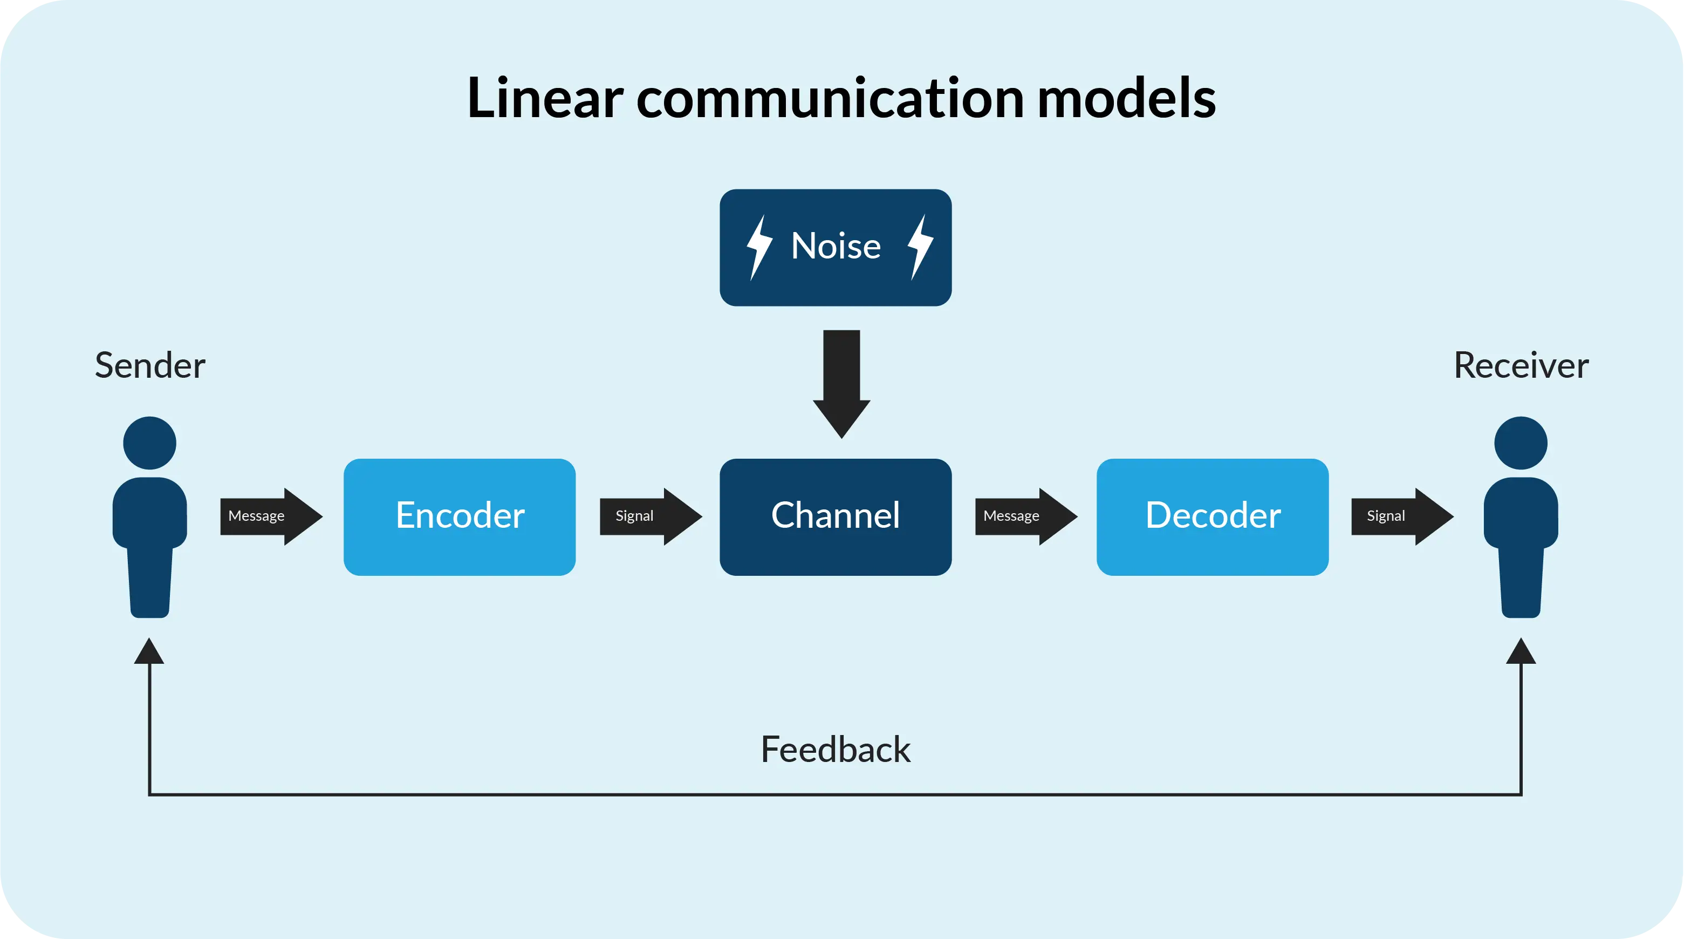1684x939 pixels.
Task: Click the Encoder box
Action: tap(460, 516)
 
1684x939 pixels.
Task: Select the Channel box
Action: tap(836, 516)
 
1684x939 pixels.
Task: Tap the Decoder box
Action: tap(1213, 516)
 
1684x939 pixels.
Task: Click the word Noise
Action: tap(836, 246)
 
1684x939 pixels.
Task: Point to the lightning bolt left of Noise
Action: tap(759, 248)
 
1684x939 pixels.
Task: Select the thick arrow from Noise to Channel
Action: tap(841, 384)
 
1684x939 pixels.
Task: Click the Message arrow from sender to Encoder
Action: tap(271, 516)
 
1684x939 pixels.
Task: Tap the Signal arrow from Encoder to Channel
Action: tap(651, 516)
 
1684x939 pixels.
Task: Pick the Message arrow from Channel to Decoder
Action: tap(1026, 516)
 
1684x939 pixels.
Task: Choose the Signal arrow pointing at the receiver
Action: tap(1403, 516)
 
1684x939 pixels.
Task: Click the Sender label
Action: tap(150, 365)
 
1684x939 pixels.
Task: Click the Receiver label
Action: tap(1521, 365)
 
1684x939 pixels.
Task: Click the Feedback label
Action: tap(836, 750)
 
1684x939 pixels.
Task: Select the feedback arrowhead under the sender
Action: tap(149, 651)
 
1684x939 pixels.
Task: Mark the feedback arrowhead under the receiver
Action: tap(1521, 651)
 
